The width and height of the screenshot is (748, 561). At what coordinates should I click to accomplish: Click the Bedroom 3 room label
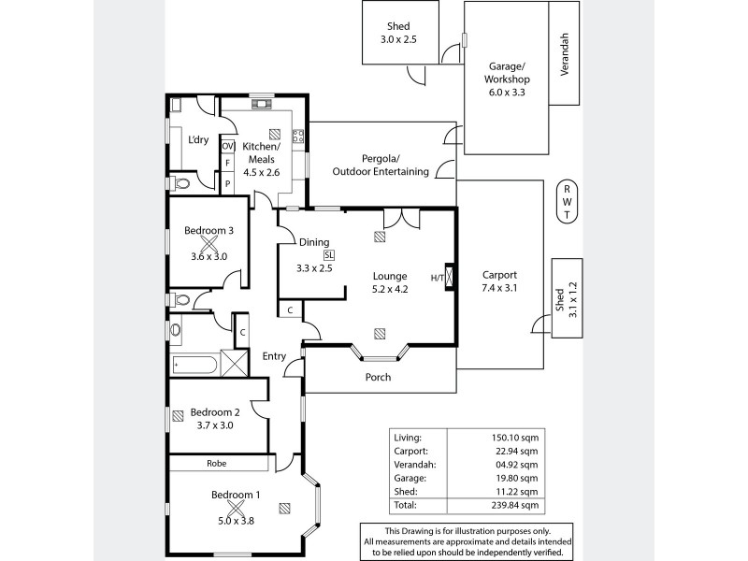209,231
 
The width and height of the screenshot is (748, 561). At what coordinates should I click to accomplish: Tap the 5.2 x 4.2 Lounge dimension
390,289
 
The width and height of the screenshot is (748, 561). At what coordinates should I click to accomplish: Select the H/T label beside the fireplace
437,278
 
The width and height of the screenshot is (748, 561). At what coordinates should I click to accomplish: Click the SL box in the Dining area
328,254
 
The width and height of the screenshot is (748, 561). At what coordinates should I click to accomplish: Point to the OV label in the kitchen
227,147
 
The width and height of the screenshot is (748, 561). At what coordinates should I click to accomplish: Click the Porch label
379,378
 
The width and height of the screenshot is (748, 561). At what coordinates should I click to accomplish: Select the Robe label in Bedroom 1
219,463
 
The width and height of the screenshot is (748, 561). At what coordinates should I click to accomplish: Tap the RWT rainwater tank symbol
567,202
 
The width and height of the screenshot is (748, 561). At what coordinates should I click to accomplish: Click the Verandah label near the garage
563,53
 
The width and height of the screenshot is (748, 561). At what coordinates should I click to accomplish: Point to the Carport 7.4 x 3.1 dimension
500,289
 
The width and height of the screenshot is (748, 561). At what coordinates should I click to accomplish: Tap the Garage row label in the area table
410,477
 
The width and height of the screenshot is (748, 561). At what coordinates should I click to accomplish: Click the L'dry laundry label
198,140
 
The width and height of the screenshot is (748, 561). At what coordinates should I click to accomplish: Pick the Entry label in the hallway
274,355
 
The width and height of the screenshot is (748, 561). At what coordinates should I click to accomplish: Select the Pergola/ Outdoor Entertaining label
381,165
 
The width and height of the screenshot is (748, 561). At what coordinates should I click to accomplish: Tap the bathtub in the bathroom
194,362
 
